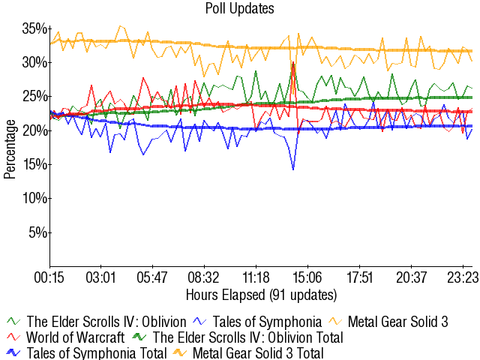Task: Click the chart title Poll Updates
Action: pos(239,9)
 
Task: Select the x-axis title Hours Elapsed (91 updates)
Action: pos(261,294)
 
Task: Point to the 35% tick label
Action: pos(34,28)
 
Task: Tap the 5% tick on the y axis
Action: pos(37,232)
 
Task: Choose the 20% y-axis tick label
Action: pos(34,130)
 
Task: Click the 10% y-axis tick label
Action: pos(34,198)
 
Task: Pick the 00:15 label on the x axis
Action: pos(49,277)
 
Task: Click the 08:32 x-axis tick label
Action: pos(203,277)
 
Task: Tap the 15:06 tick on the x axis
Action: pos(307,277)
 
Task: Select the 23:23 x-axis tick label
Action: pos(462,277)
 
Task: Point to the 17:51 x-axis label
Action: pos(358,277)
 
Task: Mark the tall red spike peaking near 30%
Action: pos(292,63)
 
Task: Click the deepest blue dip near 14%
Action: pos(293,169)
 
